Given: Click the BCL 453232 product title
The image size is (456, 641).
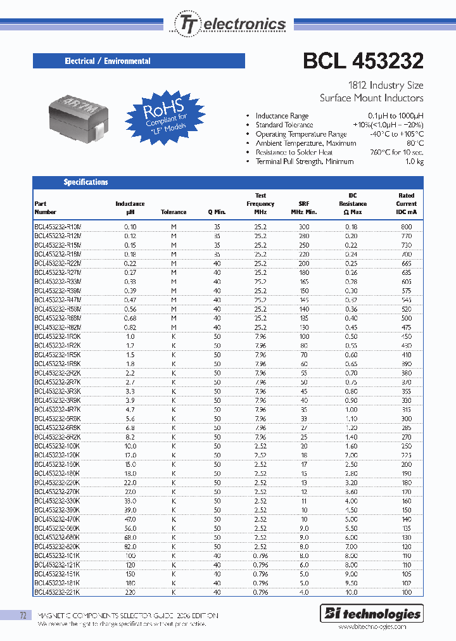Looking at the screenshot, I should pos(364,60).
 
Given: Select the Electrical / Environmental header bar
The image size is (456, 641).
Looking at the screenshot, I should pos(139,61).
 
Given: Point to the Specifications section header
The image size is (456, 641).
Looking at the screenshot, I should pos(85,182).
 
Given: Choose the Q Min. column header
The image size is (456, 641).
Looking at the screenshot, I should pos(217,212).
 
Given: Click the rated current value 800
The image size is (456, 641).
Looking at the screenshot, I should pos(406,226).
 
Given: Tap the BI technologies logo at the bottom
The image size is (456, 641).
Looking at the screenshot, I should pos(372,613).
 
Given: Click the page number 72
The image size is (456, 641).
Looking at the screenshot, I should pos(23,615).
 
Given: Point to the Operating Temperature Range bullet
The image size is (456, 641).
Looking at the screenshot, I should pos(301,134).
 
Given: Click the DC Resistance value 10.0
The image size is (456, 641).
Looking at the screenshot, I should pos(352,592).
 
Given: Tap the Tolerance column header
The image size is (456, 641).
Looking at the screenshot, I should pos(174,212).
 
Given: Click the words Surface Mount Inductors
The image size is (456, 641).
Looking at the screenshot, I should pos(371,98).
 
